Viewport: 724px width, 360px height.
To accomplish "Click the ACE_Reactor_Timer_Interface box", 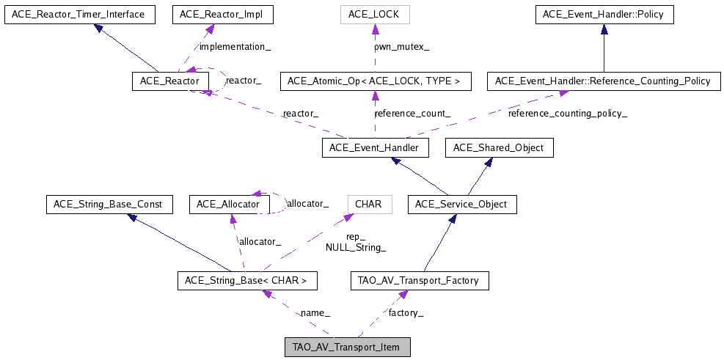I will pos(79,14).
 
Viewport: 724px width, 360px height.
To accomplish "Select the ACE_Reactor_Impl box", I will pos(212,14).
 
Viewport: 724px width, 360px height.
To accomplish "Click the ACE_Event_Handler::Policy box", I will pos(603,14).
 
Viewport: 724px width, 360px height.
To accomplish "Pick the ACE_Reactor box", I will pos(170,81).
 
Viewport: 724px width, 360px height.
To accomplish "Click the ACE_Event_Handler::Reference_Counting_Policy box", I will pos(603,81).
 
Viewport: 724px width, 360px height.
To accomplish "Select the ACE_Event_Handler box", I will pos(374,148).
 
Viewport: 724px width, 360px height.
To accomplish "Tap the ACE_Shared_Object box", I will pos(499,148).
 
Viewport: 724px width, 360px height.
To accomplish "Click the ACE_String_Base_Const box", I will pos(109,204).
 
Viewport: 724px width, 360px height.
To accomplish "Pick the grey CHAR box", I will pos(368,204).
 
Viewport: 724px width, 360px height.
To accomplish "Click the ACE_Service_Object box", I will pos(462,204).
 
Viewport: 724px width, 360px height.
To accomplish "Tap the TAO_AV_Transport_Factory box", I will pos(419,280).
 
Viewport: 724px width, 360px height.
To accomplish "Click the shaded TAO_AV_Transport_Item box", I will pos(347,347).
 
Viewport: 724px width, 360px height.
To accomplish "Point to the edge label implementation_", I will pos(231,47).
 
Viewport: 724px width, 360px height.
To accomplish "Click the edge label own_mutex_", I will pos(402,47).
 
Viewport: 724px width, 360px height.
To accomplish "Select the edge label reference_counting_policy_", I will pos(568,114).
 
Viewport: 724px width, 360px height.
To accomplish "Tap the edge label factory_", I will pos(406,313).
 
